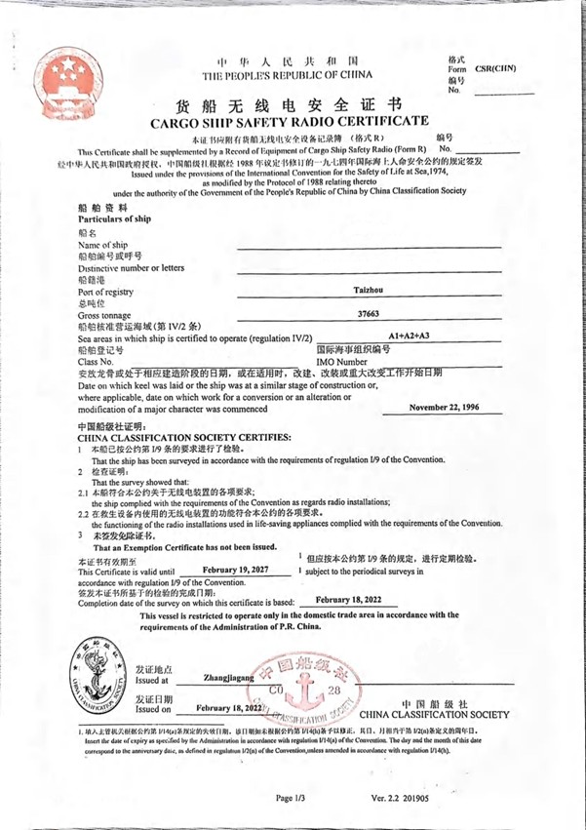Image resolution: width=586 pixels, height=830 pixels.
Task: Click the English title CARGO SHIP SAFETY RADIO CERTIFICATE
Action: click(289, 122)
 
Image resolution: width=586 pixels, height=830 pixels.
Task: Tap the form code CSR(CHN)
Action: click(495, 69)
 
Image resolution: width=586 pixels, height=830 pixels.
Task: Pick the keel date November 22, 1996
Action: click(444, 407)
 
